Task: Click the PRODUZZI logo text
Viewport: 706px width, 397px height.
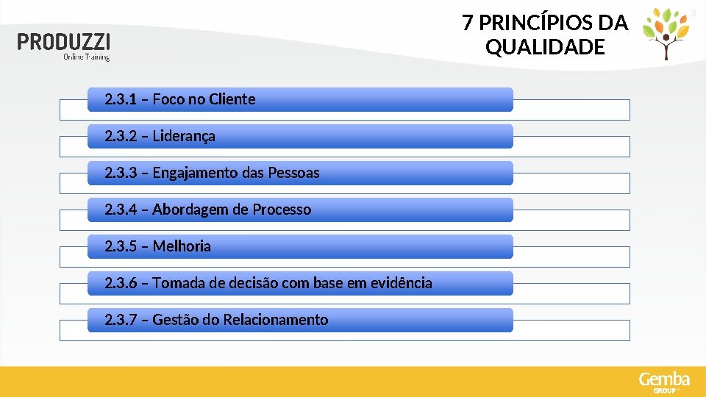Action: tap(65, 42)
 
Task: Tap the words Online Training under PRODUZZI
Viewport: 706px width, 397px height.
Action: tap(86, 57)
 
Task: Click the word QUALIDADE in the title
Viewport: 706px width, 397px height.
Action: tap(545, 48)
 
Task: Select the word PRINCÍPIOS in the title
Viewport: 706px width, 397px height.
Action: tap(540, 24)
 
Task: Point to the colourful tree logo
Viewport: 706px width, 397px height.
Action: tap(666, 32)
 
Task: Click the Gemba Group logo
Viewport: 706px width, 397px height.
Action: tap(664, 382)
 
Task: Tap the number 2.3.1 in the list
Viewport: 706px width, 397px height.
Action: tap(120, 99)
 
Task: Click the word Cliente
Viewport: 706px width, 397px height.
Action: tap(232, 99)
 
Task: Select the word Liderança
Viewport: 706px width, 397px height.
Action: tap(184, 136)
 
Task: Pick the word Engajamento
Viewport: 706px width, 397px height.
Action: tap(193, 173)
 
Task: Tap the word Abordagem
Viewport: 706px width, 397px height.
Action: tap(190, 210)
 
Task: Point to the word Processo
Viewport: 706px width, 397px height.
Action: tap(282, 210)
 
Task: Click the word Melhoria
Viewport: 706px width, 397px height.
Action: tap(182, 246)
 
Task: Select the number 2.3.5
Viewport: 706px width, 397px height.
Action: tap(120, 246)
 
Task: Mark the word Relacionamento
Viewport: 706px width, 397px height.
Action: tap(276, 320)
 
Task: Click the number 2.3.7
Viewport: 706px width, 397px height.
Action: tap(120, 320)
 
